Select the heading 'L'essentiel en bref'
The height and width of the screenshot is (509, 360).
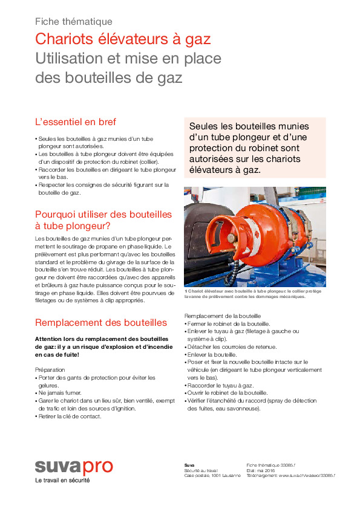76,122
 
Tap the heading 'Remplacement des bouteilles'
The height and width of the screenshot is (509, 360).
101,322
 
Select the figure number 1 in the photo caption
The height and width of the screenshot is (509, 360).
186,291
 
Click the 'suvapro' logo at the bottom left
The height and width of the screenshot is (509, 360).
73,467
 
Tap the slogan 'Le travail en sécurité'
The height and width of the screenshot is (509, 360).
62,481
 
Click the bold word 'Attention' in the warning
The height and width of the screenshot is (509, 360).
50,339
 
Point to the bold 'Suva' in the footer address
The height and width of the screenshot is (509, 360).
189,465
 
